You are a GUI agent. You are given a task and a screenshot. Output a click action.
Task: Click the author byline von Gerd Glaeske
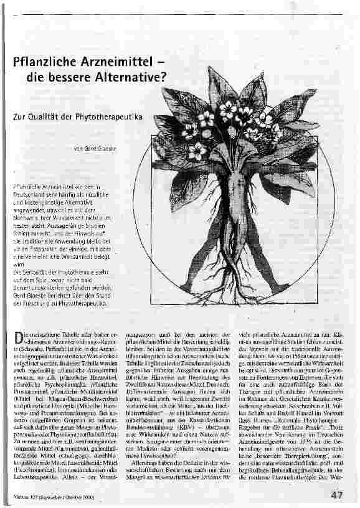[x=95, y=149]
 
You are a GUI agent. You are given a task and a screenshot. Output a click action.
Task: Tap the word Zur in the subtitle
[x=19, y=116]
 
